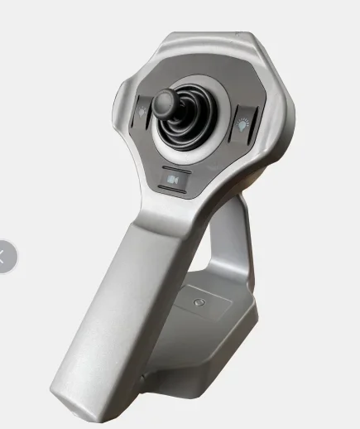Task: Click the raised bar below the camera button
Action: [x=172, y=190]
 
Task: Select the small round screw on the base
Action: [x=198, y=304]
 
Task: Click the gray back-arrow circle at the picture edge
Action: [x=5, y=257]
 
